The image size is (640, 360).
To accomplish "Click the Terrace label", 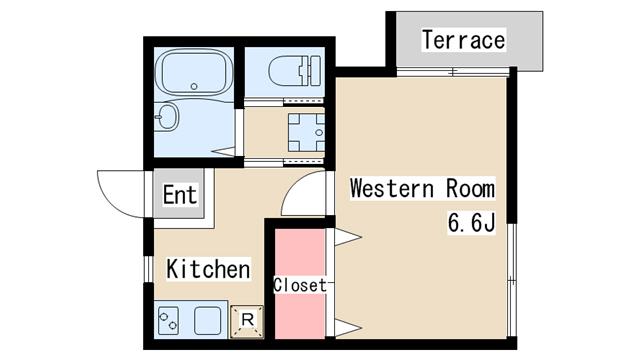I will tap(463, 41).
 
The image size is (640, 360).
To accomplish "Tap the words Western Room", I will tap(422, 189).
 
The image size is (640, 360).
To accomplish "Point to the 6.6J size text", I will tap(471, 222).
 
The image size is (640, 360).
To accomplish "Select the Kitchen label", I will tap(208, 269).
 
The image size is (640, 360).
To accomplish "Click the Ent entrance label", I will tap(180, 195).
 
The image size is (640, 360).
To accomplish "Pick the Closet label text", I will tap(300, 285).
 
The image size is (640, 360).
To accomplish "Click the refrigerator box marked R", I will tap(247, 321).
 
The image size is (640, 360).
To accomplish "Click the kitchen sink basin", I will tap(208, 322).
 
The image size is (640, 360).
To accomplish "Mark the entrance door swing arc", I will tap(118, 193).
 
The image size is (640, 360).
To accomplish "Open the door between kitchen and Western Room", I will tap(304, 195).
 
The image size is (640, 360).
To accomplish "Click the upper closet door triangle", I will tap(346, 236).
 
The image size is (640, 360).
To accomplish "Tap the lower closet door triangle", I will tap(346, 326).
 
